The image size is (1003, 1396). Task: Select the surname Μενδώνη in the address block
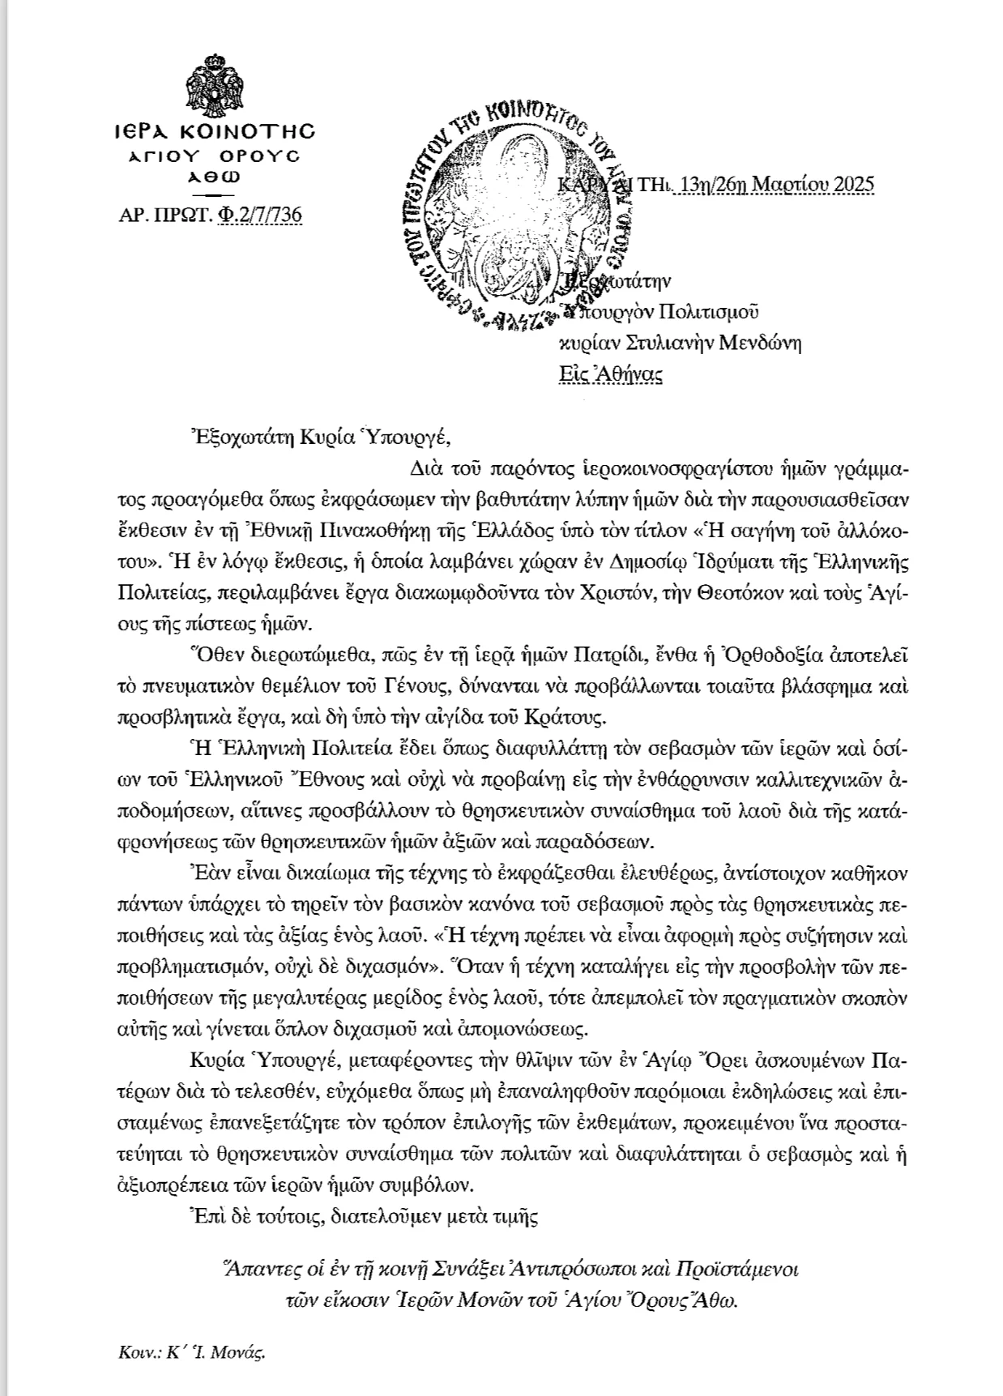[763, 343]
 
